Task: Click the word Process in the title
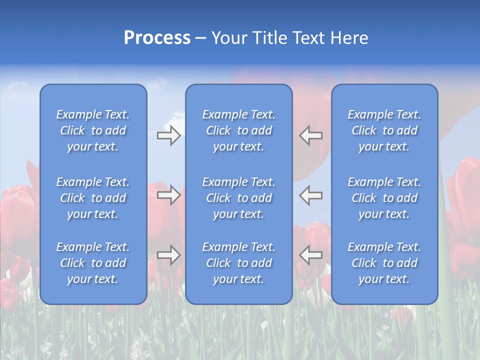157,38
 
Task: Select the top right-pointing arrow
168,135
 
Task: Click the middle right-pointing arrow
168,194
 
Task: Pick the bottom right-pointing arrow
168,255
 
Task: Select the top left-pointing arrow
311,135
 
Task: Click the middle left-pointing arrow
311,194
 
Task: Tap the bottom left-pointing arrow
311,255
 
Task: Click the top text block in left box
93,130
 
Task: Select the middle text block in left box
93,198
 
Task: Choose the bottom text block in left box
93,263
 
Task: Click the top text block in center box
238,130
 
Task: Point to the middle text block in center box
238,198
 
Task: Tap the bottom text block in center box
238,263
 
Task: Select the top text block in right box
384,130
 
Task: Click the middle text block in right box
384,198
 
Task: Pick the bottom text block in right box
384,263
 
